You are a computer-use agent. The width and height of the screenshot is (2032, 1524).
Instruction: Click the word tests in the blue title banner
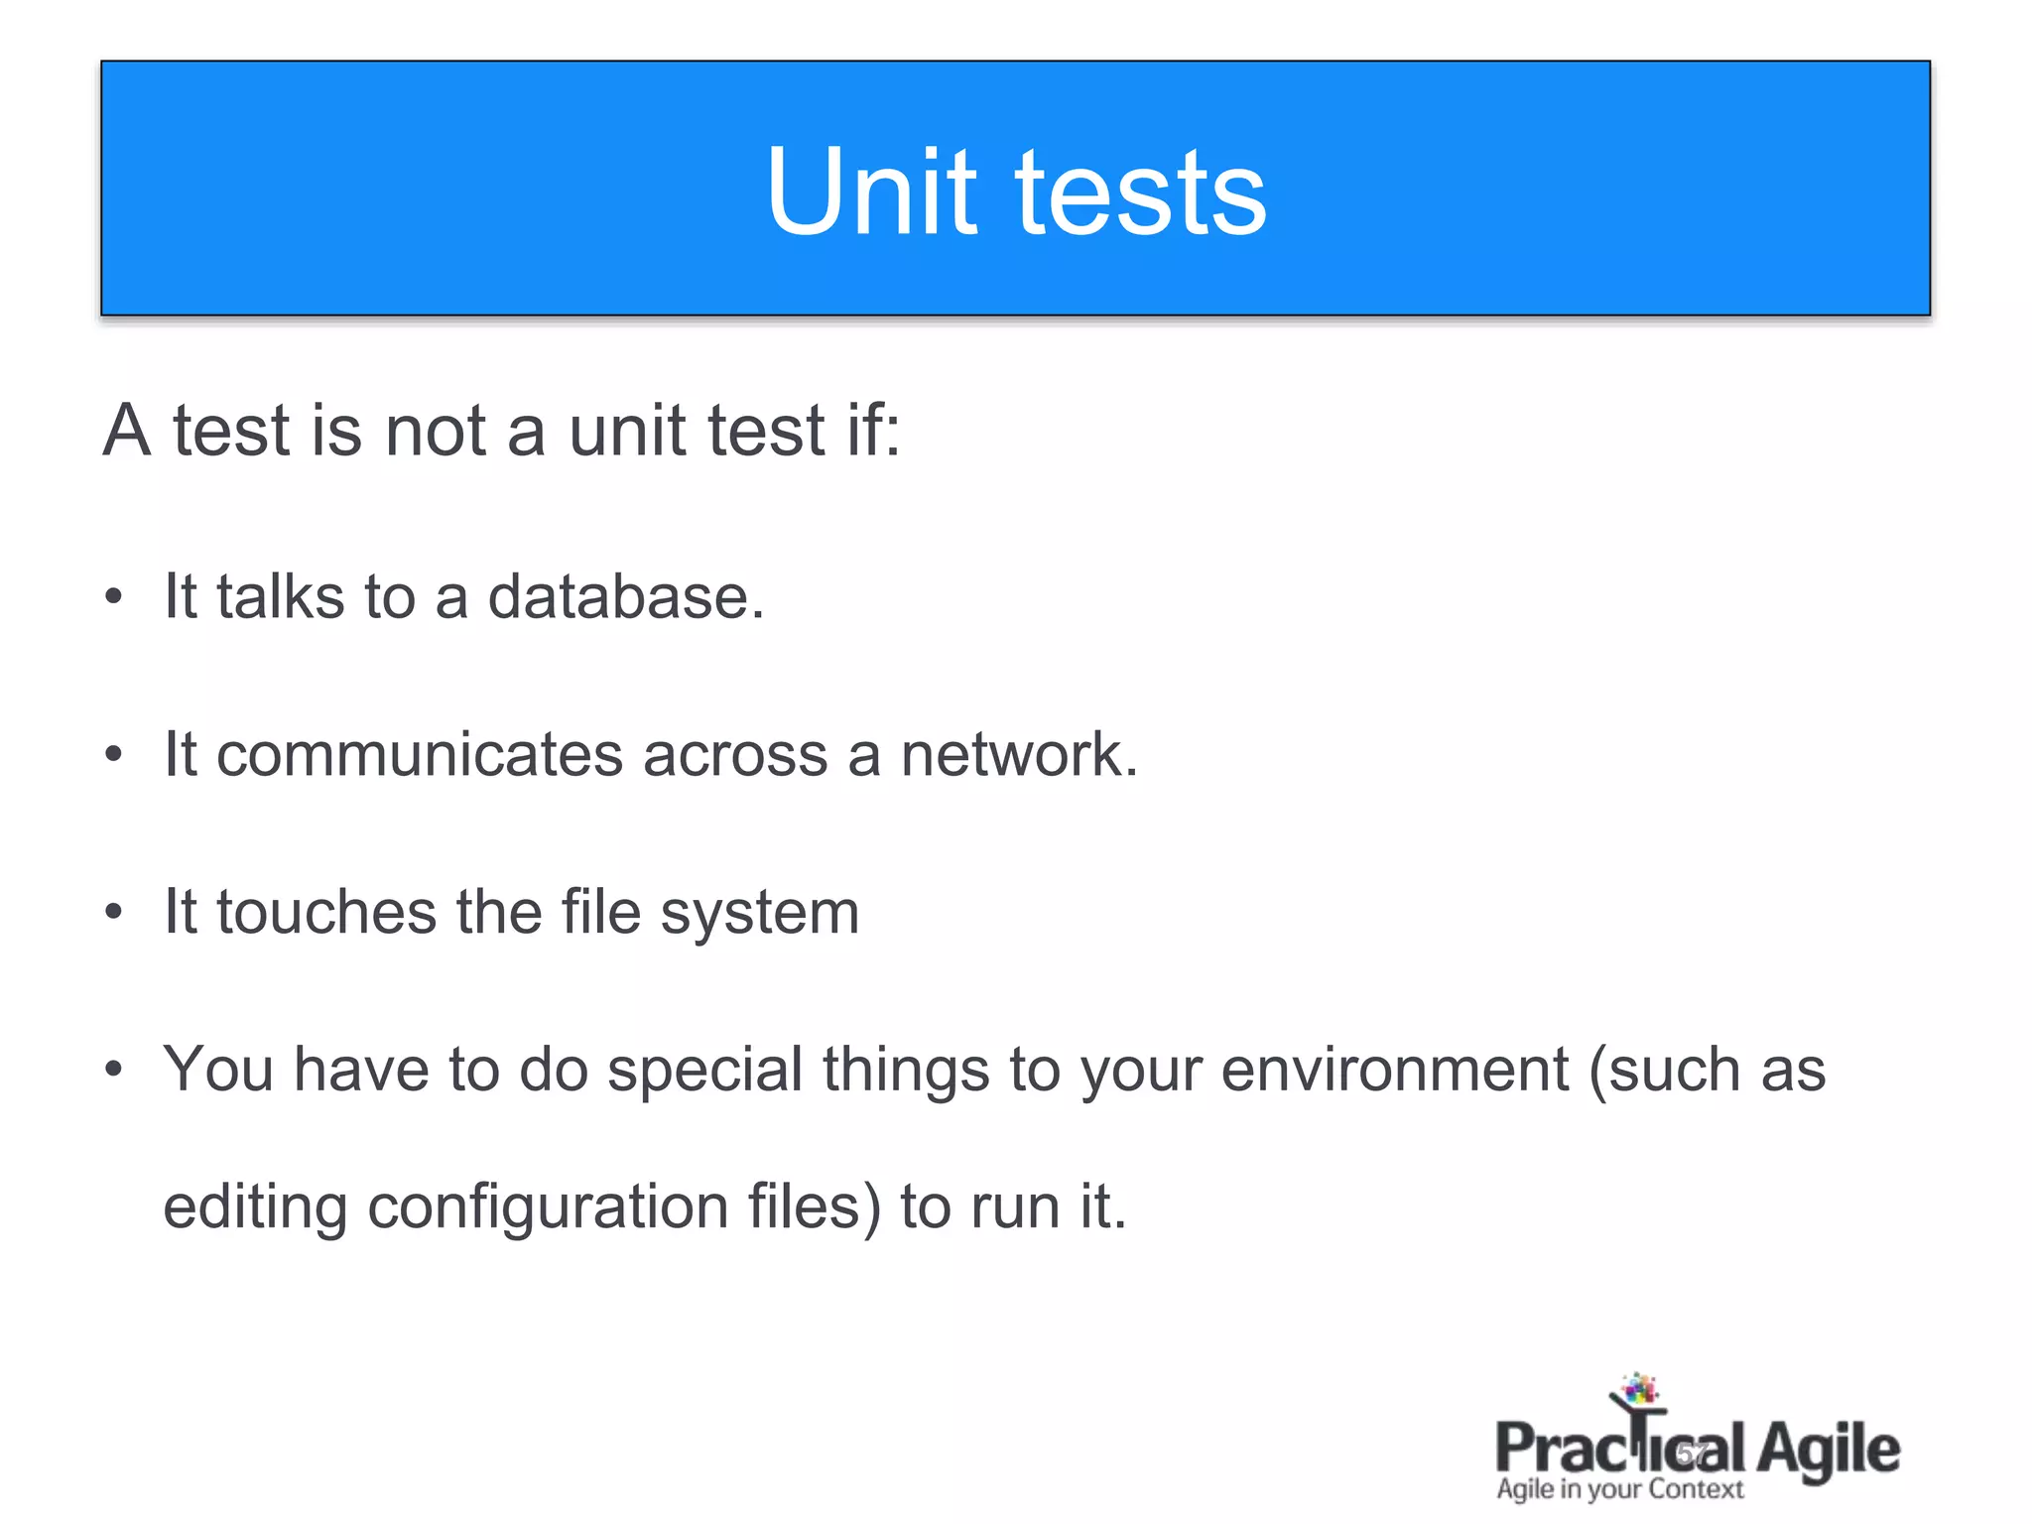[1140, 193]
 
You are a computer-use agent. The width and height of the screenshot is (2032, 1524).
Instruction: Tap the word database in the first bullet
[625, 597]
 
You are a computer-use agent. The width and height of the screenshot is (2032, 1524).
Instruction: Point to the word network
[1018, 754]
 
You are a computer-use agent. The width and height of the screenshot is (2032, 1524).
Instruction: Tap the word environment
[1394, 1070]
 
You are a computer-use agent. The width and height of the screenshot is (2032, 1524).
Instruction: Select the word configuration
[548, 1207]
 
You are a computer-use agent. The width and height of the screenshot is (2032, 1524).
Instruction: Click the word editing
[254, 1207]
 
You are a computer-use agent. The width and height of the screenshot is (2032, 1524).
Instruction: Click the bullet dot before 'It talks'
[114, 597]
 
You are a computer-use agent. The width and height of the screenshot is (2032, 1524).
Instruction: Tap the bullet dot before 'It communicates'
[114, 754]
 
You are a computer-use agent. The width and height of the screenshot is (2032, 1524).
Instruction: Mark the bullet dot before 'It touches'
[114, 911]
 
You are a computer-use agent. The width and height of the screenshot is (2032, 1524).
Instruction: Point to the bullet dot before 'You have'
[114, 1069]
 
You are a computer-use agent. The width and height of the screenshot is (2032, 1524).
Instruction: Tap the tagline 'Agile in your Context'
[1619, 1489]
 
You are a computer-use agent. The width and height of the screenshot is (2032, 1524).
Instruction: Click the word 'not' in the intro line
[435, 431]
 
